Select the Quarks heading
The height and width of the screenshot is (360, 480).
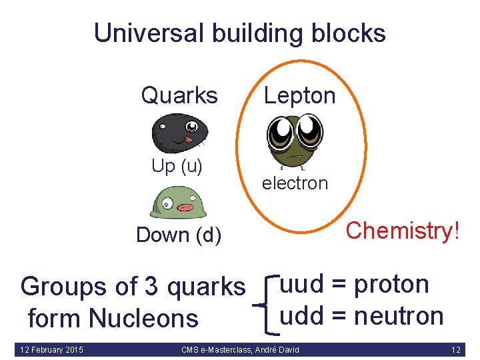coord(179,95)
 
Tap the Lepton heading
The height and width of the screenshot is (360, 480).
coord(299,95)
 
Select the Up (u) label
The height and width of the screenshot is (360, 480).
coord(177,166)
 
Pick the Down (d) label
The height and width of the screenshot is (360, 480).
coord(179,235)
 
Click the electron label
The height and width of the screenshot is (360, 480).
coord(295,183)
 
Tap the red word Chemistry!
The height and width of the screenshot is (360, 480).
coord(403,231)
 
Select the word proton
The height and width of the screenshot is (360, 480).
coord(391,285)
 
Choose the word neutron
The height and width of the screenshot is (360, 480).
coord(399,315)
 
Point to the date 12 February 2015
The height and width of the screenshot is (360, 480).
coord(52,349)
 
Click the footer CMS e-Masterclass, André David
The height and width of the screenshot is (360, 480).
coord(240,349)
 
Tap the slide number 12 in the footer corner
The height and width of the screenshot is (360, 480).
coord(455,349)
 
